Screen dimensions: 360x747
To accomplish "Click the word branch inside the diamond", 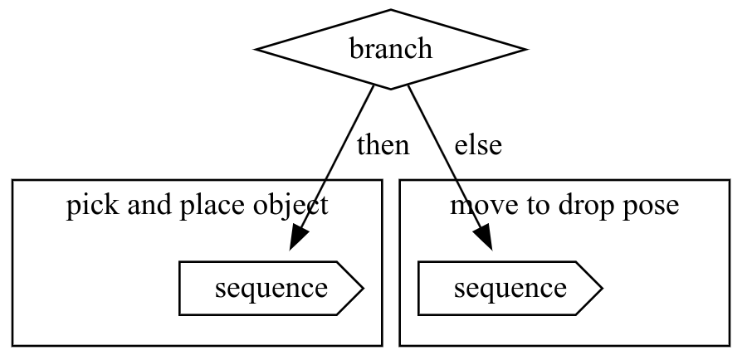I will tap(390, 49).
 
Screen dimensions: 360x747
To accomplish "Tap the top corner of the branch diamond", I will tap(390, 11).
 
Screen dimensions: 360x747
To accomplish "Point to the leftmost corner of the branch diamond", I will tap(256, 50).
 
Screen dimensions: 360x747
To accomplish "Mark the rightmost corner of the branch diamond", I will tap(525, 50).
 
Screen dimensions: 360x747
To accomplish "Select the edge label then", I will tap(383, 145).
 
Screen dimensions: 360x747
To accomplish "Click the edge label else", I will tap(477, 145).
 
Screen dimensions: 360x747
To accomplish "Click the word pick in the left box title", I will tap(87, 205).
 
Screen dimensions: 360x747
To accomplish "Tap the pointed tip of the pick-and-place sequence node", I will tap(363, 289).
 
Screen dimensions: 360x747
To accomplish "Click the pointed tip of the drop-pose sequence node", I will tap(601, 289).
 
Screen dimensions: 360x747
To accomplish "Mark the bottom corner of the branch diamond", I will tap(390, 88).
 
